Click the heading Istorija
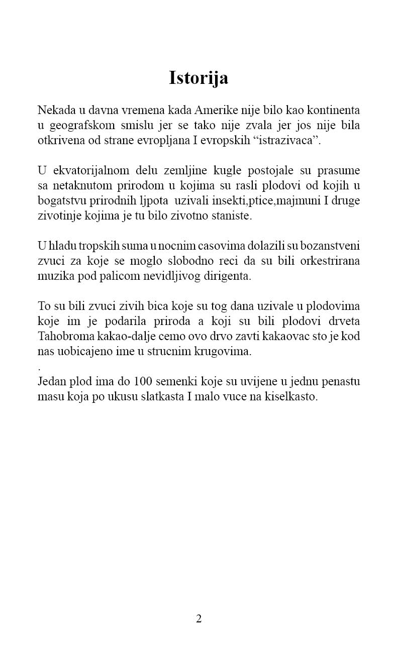(x=198, y=78)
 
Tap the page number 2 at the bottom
(x=198, y=618)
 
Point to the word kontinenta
(x=333, y=110)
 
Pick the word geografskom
(x=75, y=125)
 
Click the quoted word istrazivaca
(x=288, y=140)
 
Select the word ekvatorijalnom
(x=86, y=171)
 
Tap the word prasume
(x=338, y=171)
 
